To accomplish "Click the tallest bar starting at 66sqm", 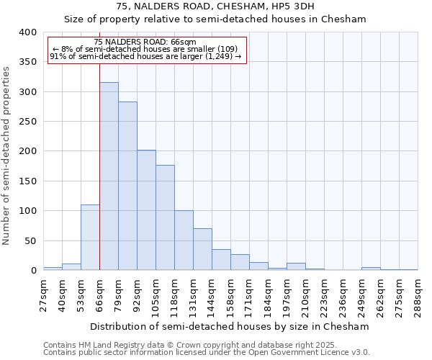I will [x=109, y=176].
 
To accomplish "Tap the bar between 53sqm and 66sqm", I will [x=90, y=238].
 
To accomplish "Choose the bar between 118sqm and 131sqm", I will [x=184, y=240].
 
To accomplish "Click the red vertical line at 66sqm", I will [x=99, y=166].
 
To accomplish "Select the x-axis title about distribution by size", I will [x=230, y=326].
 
